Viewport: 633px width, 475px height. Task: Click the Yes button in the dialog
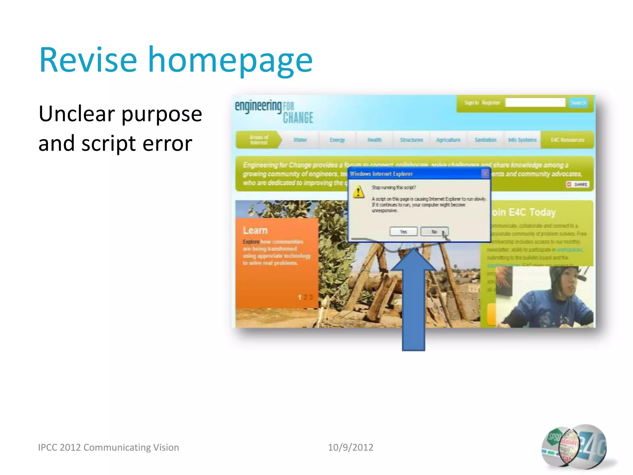(403, 232)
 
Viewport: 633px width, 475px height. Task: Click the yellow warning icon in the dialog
(359, 192)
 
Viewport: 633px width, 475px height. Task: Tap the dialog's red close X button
(485, 174)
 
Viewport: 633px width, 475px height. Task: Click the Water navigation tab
(300, 140)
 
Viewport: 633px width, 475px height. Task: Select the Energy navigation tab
(337, 140)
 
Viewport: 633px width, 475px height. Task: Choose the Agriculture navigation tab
(448, 140)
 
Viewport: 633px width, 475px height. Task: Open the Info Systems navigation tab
(522, 140)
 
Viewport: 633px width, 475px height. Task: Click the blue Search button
(578, 103)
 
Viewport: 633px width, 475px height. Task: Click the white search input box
(535, 103)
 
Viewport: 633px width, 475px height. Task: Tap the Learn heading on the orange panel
(255, 230)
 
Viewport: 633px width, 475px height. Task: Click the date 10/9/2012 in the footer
(350, 447)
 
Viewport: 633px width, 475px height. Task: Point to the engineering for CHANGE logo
(274, 111)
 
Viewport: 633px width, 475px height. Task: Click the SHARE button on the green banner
(577, 184)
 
